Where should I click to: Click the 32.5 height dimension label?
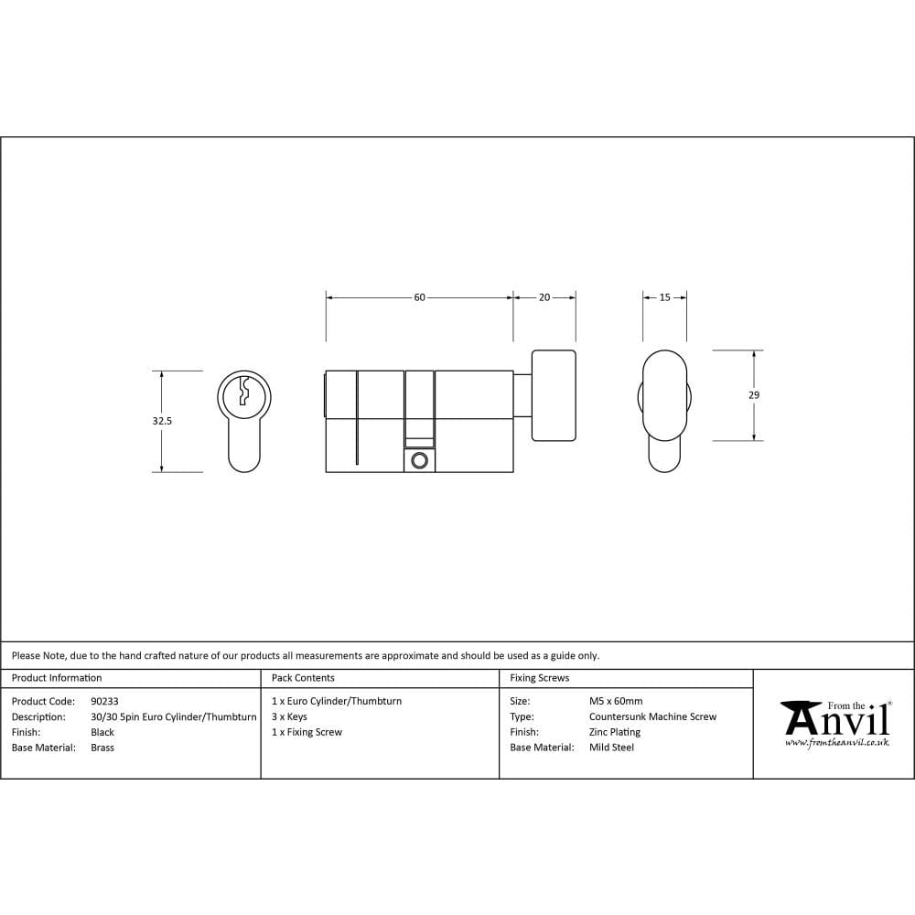point(163,422)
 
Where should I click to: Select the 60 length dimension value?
point(420,297)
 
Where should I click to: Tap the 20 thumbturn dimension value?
point(544,297)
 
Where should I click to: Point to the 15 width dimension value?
point(665,297)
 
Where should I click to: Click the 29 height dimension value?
point(753,395)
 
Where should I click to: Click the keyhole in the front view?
point(243,392)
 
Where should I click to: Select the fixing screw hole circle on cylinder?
point(420,459)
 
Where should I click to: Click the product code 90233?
point(104,702)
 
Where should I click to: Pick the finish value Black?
point(102,732)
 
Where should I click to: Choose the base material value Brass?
point(102,748)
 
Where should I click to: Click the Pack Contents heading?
point(303,678)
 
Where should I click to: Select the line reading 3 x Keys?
point(289,716)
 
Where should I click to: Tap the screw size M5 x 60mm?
point(616,702)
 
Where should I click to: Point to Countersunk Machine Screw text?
point(652,716)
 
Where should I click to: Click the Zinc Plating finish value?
point(615,732)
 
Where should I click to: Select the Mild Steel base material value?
point(611,748)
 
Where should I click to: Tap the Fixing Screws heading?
point(540,678)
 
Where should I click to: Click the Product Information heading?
point(57,678)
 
